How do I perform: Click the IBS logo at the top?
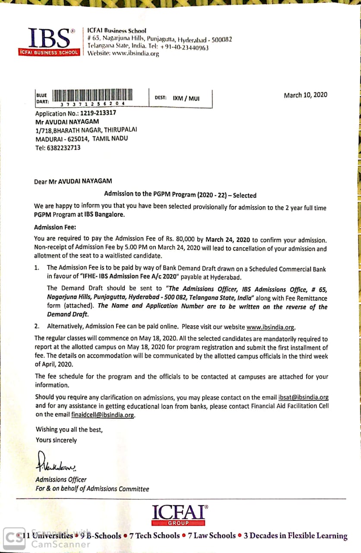pyautogui.click(x=49, y=41)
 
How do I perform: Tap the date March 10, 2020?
pyautogui.click(x=305, y=95)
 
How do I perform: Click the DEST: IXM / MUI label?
pyautogui.click(x=177, y=98)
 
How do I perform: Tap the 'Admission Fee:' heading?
pyautogui.click(x=55, y=227)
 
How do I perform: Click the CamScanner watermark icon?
pyautogui.click(x=12, y=537)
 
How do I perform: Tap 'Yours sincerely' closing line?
pyautogui.click(x=56, y=440)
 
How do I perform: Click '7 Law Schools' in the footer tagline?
pyautogui.click(x=212, y=536)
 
